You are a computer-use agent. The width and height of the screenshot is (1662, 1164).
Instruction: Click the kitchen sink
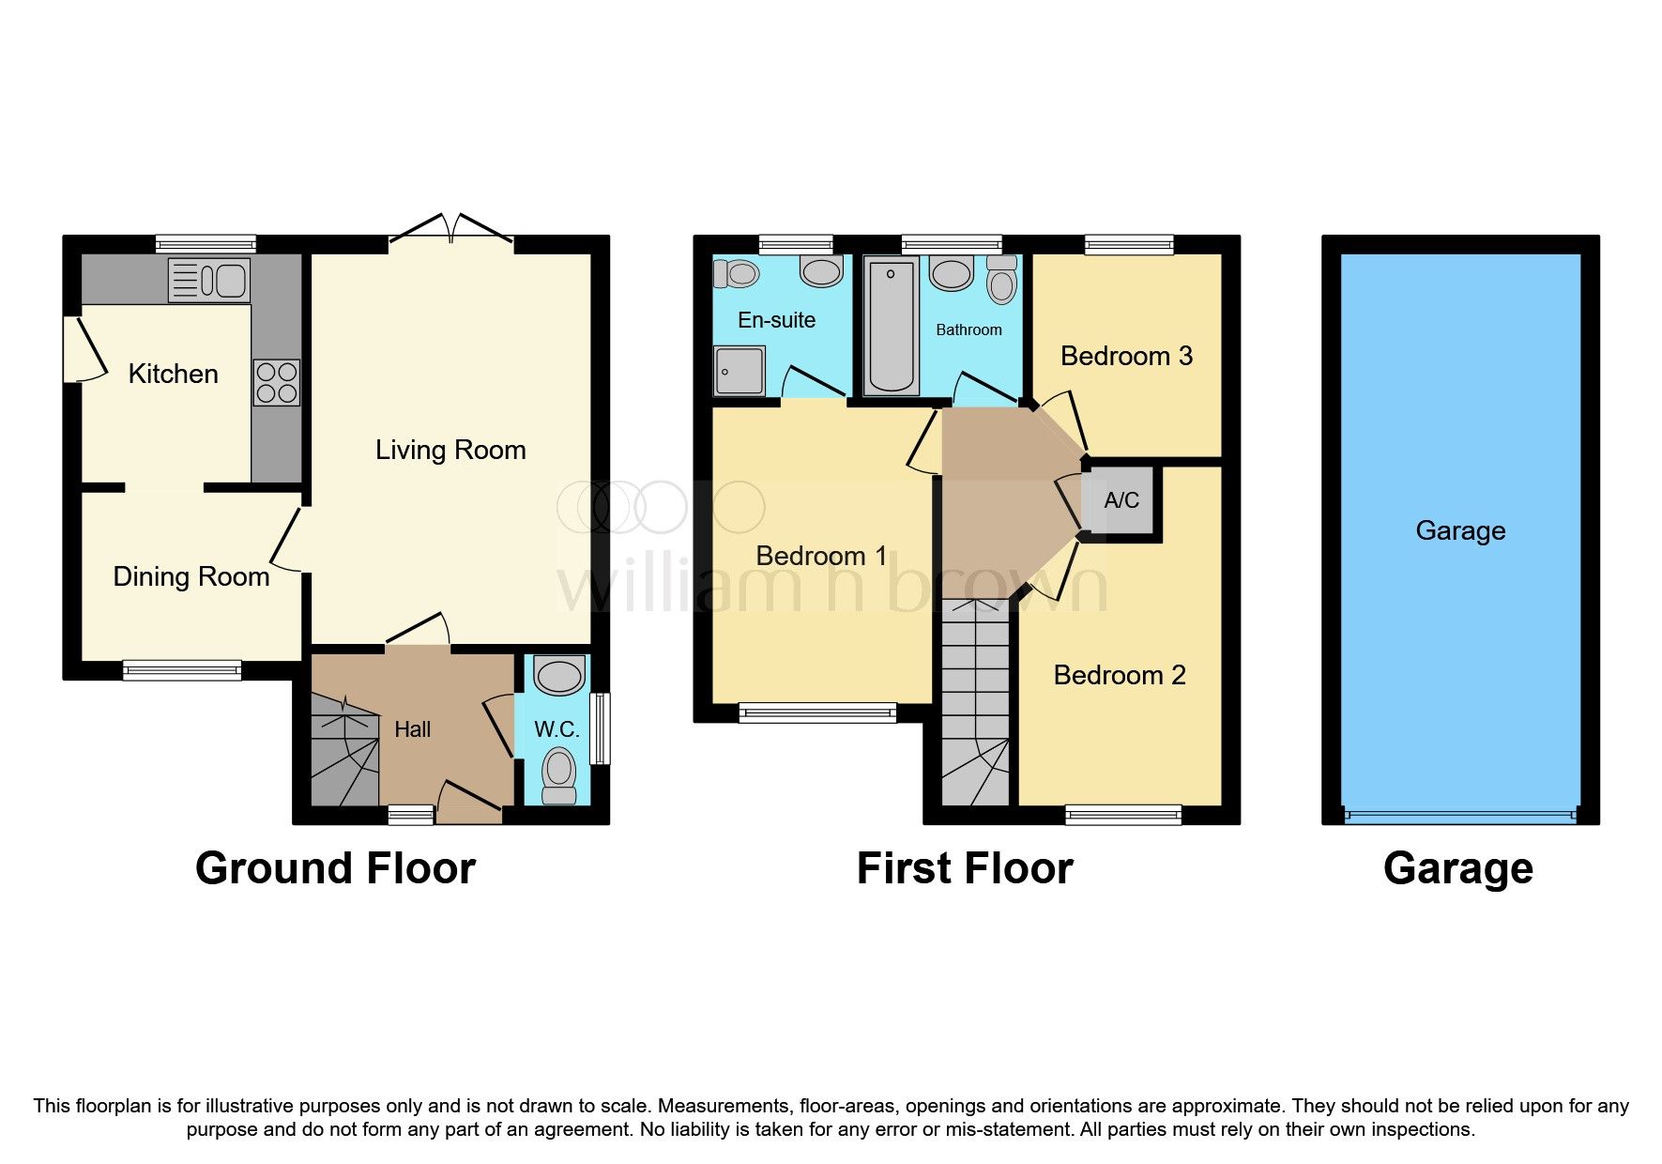209,280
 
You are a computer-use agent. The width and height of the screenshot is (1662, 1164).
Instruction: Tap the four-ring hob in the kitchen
276,383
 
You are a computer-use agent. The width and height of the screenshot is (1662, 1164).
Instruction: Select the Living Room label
450,450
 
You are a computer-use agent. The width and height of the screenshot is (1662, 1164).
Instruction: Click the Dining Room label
191,576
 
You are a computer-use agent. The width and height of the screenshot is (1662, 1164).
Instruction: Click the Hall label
413,729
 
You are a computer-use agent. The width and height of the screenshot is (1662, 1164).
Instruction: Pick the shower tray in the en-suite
740,370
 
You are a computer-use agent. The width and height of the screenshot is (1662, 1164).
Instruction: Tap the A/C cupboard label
1121,500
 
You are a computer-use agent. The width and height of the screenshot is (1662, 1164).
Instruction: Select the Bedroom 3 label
1126,356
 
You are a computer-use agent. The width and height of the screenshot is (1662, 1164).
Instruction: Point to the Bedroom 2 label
1120,675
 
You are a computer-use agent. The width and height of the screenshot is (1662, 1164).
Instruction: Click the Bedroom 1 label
821,556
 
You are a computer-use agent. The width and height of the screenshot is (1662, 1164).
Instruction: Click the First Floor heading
965,868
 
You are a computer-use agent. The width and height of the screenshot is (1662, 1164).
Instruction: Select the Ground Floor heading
335,868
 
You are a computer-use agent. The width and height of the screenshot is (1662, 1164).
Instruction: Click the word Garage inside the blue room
1460,530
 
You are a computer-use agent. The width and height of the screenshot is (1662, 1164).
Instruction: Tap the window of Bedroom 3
1129,246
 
